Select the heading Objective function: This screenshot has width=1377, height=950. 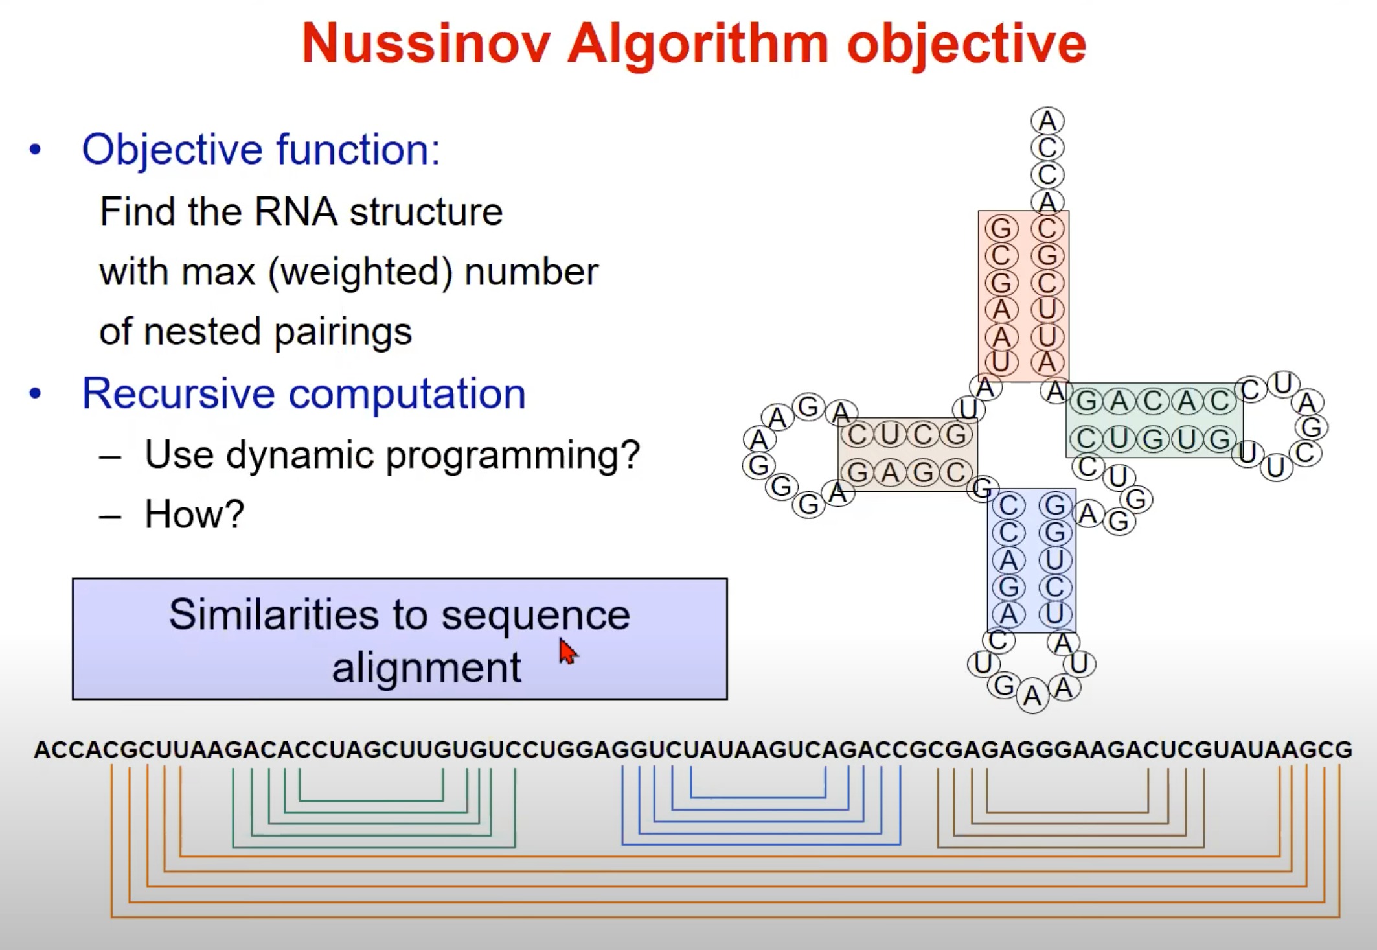click(x=261, y=150)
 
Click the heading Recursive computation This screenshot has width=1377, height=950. click(x=303, y=393)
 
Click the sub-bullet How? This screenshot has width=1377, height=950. click(x=194, y=514)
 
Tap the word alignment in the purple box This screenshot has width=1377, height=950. click(x=426, y=667)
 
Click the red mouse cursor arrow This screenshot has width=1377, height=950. click(x=567, y=651)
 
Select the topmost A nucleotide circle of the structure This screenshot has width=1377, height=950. click(x=1047, y=121)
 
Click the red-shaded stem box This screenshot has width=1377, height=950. click(x=1023, y=296)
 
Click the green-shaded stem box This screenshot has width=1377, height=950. click(x=1154, y=421)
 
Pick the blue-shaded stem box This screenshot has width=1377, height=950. click(x=1031, y=561)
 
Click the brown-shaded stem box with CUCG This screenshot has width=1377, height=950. click(x=907, y=454)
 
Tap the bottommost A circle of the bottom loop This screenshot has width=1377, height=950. click(x=1032, y=697)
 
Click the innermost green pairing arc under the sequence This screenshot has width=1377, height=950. click(x=371, y=800)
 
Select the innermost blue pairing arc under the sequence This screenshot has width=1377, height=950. click(x=758, y=796)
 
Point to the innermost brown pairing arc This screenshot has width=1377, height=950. click(x=1067, y=812)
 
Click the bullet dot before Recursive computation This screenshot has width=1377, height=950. click(x=35, y=393)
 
